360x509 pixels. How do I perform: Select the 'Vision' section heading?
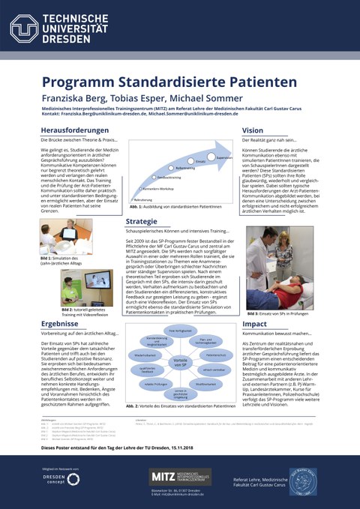click(x=253, y=130)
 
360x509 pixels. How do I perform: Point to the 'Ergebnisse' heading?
click(x=61, y=323)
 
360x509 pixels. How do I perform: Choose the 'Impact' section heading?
click(x=255, y=323)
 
